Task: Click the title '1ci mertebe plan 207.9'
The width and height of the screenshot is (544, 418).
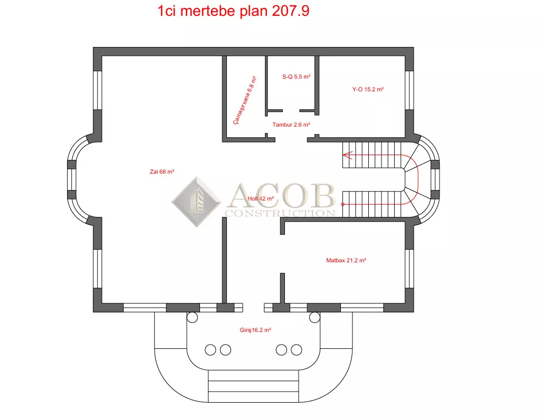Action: pos(233,11)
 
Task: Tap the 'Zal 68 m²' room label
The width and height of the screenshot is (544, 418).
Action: pos(161,172)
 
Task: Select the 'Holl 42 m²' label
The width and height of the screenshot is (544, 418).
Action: pos(261,198)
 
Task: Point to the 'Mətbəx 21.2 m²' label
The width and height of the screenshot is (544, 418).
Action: pos(346,260)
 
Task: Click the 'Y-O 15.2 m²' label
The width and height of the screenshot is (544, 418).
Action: pos(368,89)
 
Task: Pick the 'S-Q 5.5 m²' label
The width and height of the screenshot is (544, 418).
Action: pos(296,77)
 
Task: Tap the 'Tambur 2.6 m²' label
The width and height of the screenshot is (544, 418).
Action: pos(291,125)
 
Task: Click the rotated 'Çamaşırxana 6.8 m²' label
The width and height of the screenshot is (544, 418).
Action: pos(244,100)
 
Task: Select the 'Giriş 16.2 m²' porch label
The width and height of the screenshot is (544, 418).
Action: pos(255,330)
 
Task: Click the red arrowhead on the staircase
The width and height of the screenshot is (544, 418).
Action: pos(348,155)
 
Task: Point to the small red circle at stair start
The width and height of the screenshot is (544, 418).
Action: pos(343,204)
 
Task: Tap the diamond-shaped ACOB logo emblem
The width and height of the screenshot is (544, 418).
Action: pos(196,202)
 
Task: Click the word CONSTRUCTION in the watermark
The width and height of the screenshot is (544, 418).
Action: pos(280,213)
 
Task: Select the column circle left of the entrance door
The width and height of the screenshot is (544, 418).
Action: pos(192,317)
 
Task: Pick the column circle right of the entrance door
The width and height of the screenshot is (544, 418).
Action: pos(314,317)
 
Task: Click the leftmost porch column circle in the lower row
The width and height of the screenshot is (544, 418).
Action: pos(210,350)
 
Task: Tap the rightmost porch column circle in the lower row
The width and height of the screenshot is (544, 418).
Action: pos(297,350)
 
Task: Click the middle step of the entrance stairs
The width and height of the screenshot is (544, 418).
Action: pos(253,386)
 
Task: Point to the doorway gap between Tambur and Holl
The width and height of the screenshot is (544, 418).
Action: pos(291,140)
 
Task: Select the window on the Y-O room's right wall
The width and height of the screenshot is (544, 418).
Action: pos(409,90)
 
